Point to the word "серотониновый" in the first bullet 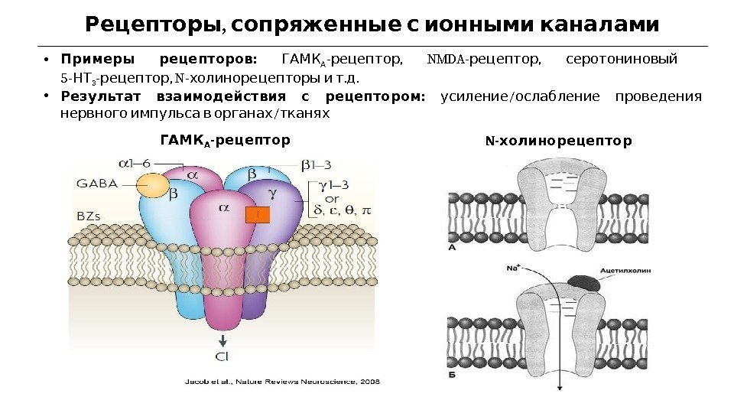point(621,60)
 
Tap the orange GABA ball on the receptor point(152,186)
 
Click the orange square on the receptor point(258,216)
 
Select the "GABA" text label point(97,183)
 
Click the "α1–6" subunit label point(135,162)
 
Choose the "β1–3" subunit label point(316,163)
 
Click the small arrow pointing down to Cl point(223,340)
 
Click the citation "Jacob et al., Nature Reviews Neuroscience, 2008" point(282,381)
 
